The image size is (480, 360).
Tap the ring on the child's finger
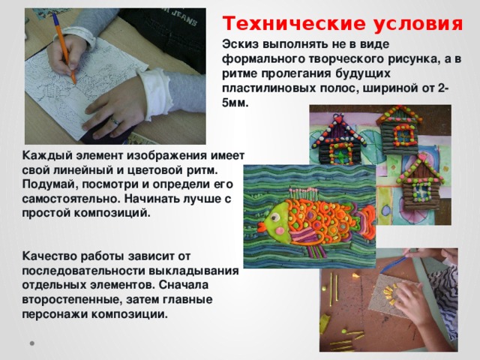tap(114, 120)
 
